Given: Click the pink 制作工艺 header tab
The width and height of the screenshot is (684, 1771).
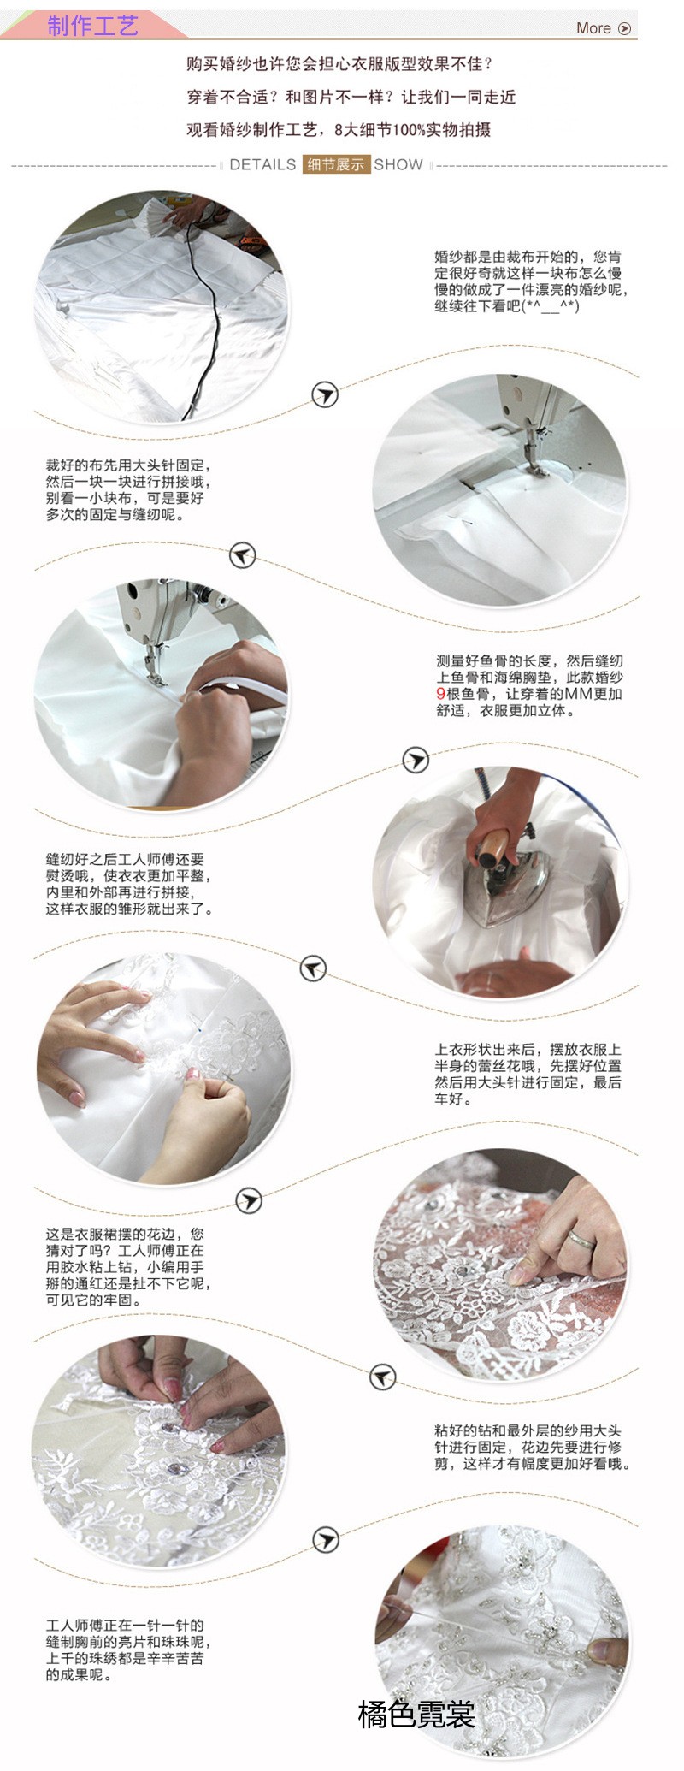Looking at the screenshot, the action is [92, 25].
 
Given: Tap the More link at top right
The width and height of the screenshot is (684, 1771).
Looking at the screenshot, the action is [603, 28].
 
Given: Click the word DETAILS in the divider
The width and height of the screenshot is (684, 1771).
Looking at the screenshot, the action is [262, 164].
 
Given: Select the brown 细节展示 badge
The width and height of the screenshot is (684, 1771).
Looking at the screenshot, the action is [336, 164].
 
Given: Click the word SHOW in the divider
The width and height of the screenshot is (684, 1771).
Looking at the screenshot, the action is [398, 164].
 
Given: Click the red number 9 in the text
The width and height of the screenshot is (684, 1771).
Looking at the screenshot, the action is [441, 694].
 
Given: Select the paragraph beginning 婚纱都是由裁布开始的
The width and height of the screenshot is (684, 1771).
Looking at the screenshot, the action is [531, 281].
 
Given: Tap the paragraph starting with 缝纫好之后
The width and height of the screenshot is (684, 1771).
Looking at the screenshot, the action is [128, 884].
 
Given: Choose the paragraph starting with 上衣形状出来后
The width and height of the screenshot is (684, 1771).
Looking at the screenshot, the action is [528, 1074].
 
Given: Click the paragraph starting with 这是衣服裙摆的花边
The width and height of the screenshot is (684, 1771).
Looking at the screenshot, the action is [128, 1267].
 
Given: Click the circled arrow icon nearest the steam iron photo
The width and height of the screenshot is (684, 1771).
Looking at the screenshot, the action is [416, 760].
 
